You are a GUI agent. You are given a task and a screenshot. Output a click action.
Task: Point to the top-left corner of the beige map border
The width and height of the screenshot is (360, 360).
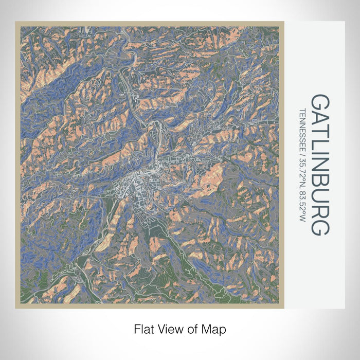point(16,22)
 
